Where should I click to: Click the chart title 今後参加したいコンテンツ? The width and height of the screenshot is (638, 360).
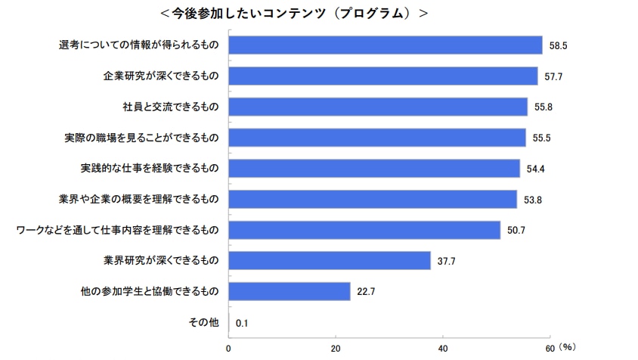pos(294,14)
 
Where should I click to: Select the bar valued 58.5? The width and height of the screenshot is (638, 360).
pos(386,45)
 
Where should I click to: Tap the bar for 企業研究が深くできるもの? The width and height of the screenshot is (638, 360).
pos(383,76)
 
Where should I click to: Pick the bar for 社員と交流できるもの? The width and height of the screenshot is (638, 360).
pos(378,107)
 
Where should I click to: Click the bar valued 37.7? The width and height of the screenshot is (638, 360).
pos(330,261)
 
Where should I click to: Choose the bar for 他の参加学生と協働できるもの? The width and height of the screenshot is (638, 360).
pos(290,291)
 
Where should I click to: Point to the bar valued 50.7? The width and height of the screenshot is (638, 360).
pos(364,230)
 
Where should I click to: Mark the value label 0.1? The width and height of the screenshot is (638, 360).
pos(243,323)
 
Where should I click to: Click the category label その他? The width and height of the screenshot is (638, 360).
pos(203,322)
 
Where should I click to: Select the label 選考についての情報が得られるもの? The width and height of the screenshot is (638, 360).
pos(139,45)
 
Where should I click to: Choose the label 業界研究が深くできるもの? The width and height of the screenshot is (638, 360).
pos(160,261)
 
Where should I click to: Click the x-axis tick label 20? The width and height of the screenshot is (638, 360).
pos(336,349)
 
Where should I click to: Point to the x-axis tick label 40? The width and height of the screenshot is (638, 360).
pos(443,349)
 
